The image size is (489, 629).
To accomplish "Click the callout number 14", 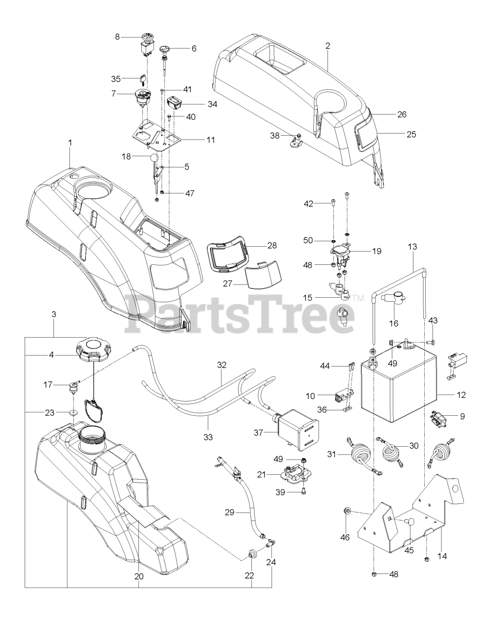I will [441, 556].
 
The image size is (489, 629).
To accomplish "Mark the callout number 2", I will [327, 46].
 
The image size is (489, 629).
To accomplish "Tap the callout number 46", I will [345, 537].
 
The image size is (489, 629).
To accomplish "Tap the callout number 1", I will [70, 142].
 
